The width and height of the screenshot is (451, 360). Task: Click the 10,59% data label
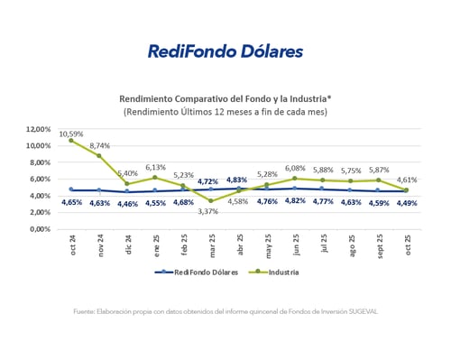71,134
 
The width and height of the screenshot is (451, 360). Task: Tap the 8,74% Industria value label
100,145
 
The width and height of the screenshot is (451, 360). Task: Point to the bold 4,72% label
208,181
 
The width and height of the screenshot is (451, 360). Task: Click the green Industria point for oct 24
70,141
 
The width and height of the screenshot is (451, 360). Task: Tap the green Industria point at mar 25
209,201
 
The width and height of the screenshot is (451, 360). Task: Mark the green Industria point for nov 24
98,156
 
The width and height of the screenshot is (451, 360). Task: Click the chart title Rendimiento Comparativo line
225,98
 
